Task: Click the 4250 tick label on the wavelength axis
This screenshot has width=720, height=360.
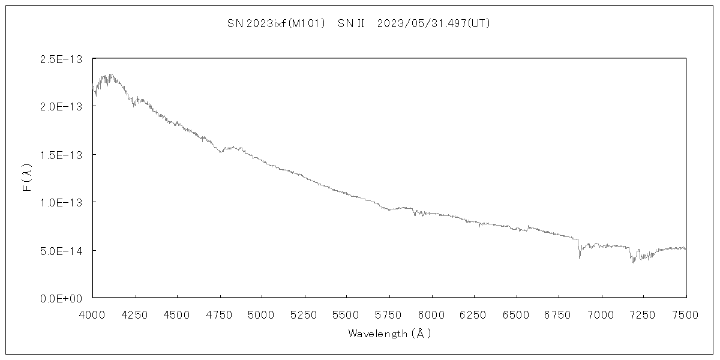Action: (135, 314)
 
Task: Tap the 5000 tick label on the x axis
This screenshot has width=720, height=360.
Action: (262, 314)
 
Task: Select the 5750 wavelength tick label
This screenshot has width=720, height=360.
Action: (389, 314)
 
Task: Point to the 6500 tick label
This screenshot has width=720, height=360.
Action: (517, 314)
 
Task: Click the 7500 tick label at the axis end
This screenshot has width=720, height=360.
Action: (686, 314)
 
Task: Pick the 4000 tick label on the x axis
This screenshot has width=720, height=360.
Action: (92, 314)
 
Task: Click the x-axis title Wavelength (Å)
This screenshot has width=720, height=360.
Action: (389, 334)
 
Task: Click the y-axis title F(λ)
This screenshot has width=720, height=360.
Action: (28, 178)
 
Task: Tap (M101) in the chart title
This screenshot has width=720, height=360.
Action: (306, 23)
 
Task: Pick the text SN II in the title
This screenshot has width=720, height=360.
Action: (352, 23)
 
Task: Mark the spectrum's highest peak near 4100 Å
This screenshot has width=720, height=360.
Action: (110, 76)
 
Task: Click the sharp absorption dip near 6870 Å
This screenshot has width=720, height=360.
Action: (579, 257)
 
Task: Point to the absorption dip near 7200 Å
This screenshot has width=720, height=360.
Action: (633, 261)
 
